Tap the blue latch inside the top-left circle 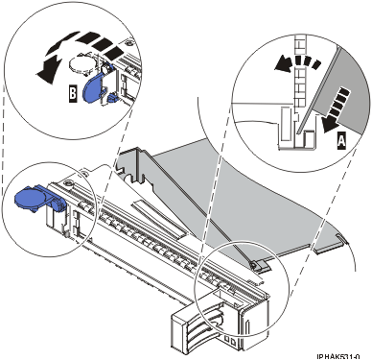point(93,87)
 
